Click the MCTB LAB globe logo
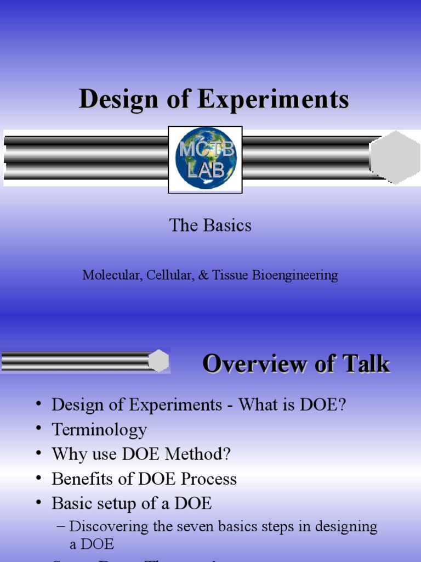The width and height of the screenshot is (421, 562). (x=206, y=159)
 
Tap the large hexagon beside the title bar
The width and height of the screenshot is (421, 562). (x=395, y=158)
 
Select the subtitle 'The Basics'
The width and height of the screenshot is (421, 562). (x=210, y=226)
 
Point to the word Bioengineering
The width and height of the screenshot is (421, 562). (x=295, y=276)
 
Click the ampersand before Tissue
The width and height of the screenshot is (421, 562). (x=203, y=275)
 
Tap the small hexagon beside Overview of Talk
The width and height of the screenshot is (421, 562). (x=158, y=361)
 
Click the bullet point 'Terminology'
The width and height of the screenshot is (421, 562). (x=99, y=429)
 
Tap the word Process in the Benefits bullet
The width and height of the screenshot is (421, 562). (x=209, y=479)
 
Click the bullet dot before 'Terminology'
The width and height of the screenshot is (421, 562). (x=39, y=429)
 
